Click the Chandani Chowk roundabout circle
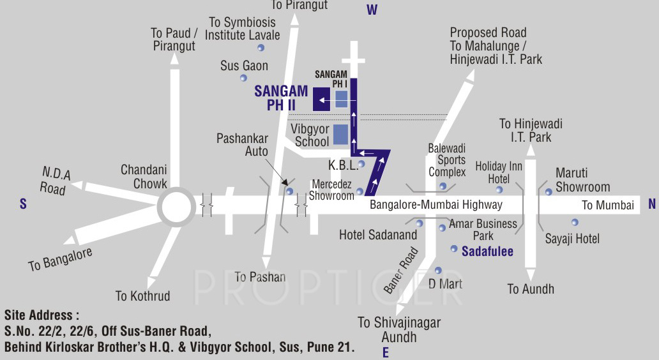point(176,206)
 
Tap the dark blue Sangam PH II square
point(321,100)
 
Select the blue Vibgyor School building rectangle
point(340,134)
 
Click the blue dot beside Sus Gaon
point(243,79)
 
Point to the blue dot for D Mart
point(438,271)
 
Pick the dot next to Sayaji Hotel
point(575,222)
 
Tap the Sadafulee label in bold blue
point(487,251)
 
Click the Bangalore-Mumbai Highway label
point(436,205)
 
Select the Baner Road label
point(401,271)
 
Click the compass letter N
point(652,204)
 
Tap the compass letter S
point(23,204)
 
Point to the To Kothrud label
point(143,296)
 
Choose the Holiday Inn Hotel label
point(499,173)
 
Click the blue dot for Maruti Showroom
point(549,191)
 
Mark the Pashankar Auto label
point(242,145)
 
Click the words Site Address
point(42,315)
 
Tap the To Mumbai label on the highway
point(608,205)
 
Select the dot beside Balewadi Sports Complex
point(443,186)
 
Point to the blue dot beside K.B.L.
point(361,164)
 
